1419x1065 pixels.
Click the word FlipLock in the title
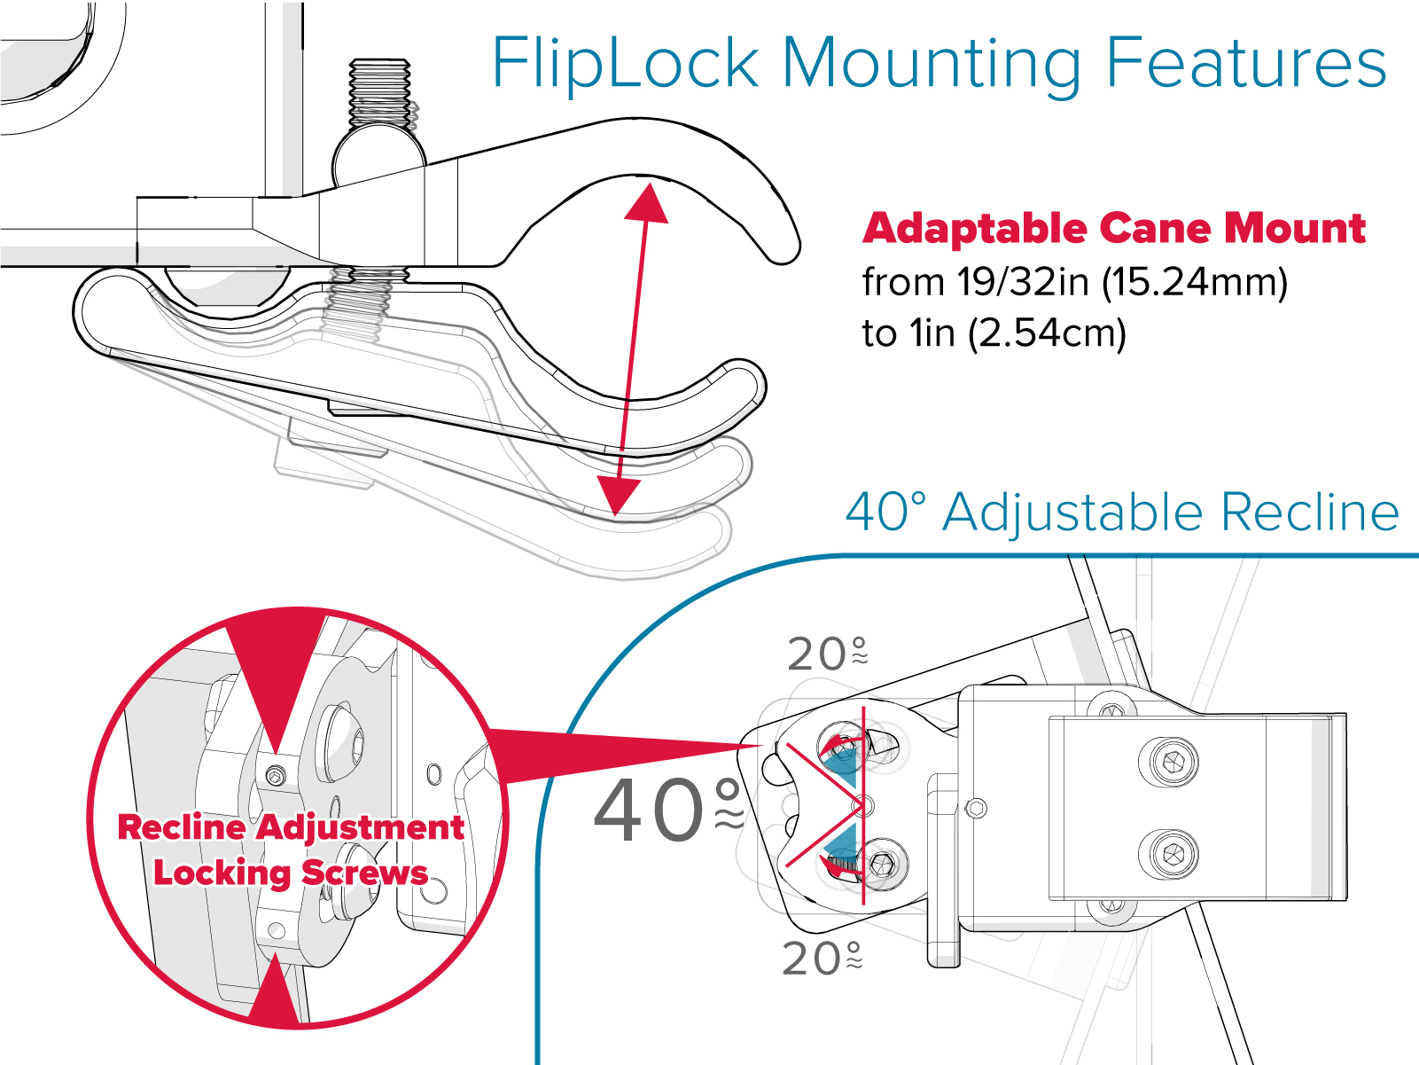[625, 64]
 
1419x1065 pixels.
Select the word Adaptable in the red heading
[974, 228]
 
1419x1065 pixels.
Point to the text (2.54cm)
[1046, 333]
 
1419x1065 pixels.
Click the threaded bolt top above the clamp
[379, 89]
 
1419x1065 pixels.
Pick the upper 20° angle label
[827, 654]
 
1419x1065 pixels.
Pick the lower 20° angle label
[822, 958]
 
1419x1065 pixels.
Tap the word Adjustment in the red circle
[362, 827]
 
